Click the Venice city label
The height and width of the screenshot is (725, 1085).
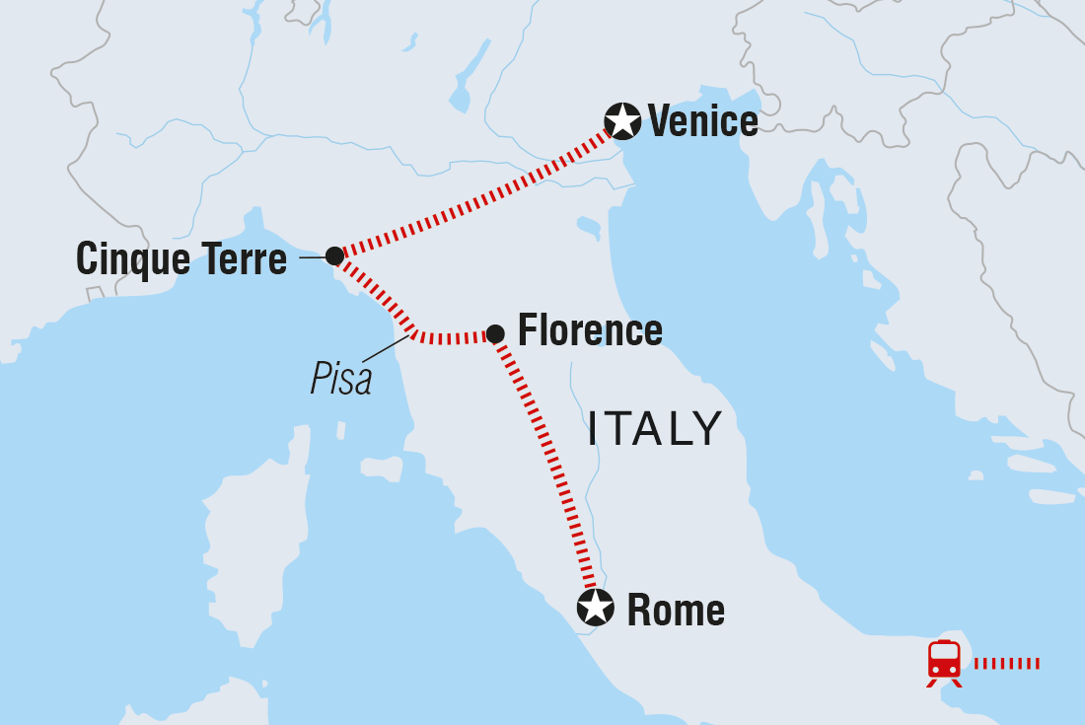pyautogui.click(x=702, y=121)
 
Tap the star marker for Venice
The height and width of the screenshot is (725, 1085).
pyautogui.click(x=622, y=121)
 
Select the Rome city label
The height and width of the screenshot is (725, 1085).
pyautogui.click(x=676, y=611)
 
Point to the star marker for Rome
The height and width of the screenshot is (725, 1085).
pyautogui.click(x=596, y=608)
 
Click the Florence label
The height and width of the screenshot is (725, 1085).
pyautogui.click(x=590, y=330)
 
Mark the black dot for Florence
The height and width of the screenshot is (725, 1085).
pyautogui.click(x=495, y=334)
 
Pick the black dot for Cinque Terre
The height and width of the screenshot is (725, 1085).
pyautogui.click(x=334, y=255)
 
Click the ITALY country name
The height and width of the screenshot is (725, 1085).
pyautogui.click(x=655, y=428)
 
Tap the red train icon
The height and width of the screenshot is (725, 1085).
pyautogui.click(x=944, y=660)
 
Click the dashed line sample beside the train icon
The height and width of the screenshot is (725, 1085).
pyautogui.click(x=1006, y=663)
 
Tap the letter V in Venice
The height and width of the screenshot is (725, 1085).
pyautogui.click(x=658, y=121)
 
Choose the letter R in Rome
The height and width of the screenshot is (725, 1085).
pyautogui.click(x=638, y=611)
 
